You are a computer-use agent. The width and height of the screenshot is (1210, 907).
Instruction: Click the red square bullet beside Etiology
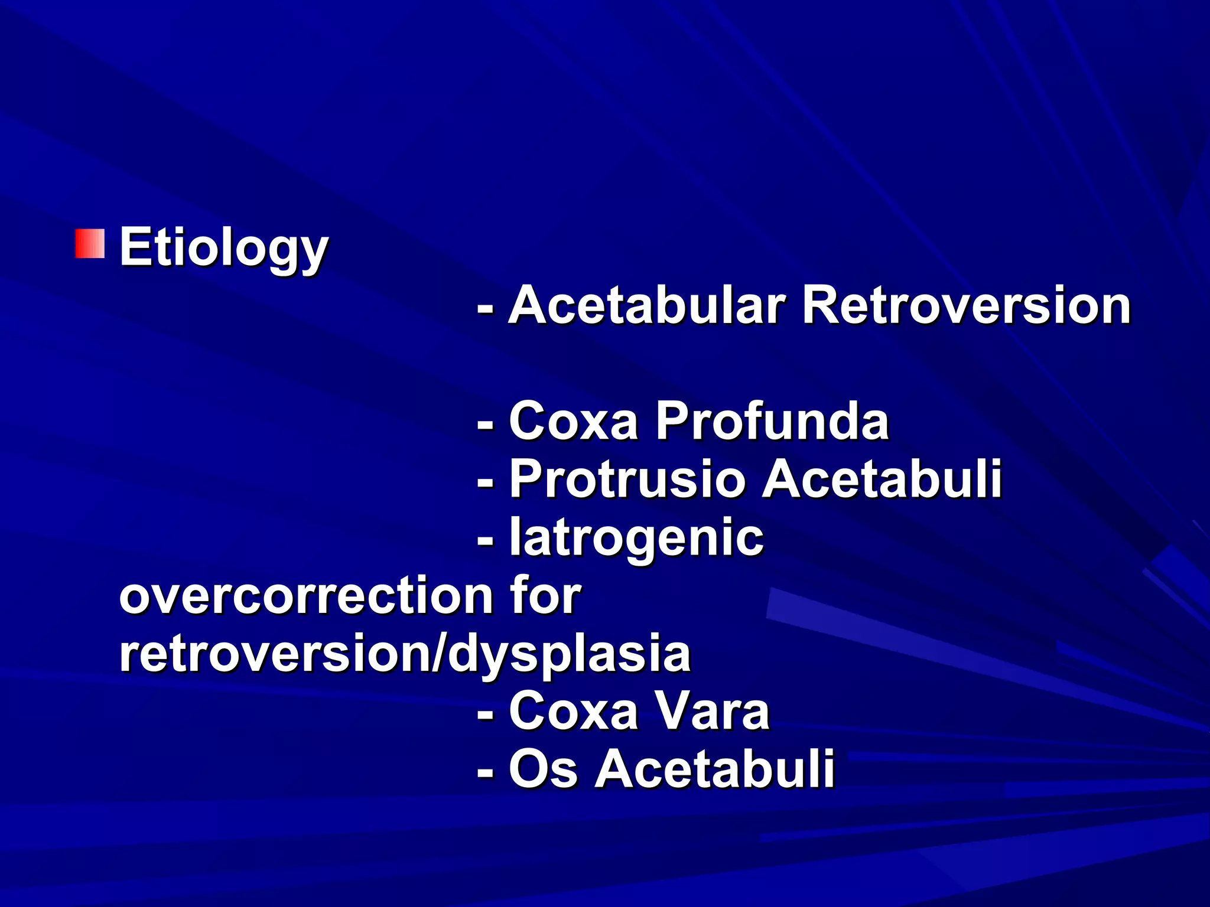tap(90, 244)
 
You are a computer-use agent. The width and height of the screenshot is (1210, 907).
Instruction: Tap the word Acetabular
tap(647, 305)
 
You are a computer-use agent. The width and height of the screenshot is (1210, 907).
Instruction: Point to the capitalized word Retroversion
tap(966, 305)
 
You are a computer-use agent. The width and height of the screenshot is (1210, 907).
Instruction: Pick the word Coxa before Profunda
tap(573, 421)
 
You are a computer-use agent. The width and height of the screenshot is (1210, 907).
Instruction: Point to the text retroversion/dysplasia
tap(405, 654)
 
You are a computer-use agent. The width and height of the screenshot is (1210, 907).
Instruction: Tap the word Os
tap(542, 769)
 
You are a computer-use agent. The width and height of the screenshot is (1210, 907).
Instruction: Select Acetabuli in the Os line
tap(714, 769)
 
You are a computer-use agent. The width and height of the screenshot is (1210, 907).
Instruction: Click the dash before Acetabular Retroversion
tap(486, 308)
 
